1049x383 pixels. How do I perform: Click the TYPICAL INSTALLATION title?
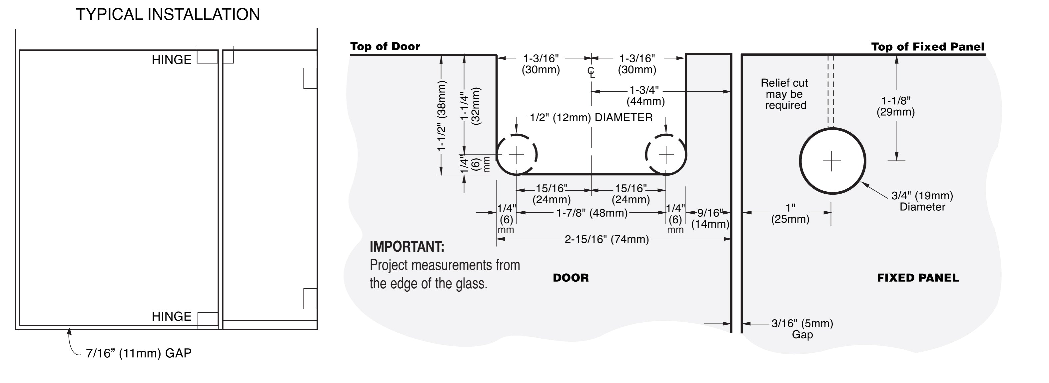[x=168, y=15]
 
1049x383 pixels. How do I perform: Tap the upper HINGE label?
[x=171, y=60]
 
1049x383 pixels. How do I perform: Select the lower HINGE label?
[x=171, y=316]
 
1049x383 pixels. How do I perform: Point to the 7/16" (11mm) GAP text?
[x=138, y=353]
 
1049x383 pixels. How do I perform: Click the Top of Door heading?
[x=385, y=46]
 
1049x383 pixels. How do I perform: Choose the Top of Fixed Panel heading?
[x=928, y=47]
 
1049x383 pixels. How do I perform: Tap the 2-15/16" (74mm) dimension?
[x=607, y=239]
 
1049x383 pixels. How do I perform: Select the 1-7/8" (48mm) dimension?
[x=592, y=213]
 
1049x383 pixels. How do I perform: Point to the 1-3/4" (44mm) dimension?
[x=645, y=95]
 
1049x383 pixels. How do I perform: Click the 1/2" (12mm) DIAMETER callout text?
[x=591, y=118]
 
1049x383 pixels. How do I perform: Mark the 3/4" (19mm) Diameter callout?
[x=922, y=201]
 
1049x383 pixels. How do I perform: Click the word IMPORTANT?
[x=407, y=247]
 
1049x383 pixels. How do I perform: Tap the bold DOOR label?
[x=570, y=278]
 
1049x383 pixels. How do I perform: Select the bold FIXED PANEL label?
[x=918, y=278]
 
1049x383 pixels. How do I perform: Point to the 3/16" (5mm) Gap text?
[x=802, y=329]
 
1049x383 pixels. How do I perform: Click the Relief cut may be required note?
[x=785, y=94]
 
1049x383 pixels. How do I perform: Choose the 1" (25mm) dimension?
[x=790, y=214]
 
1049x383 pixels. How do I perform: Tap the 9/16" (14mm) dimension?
[x=710, y=218]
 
